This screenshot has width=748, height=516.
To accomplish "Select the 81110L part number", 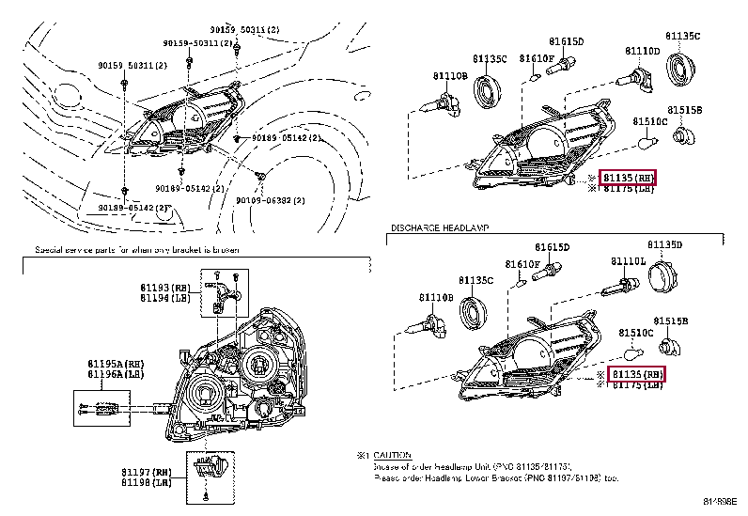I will coord(629,260).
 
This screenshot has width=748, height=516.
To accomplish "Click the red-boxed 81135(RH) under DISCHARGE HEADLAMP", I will coord(637,374).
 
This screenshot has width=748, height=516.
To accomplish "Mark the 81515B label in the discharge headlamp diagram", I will coord(671,321).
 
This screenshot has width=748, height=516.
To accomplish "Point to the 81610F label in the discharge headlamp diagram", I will coord(522,264).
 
